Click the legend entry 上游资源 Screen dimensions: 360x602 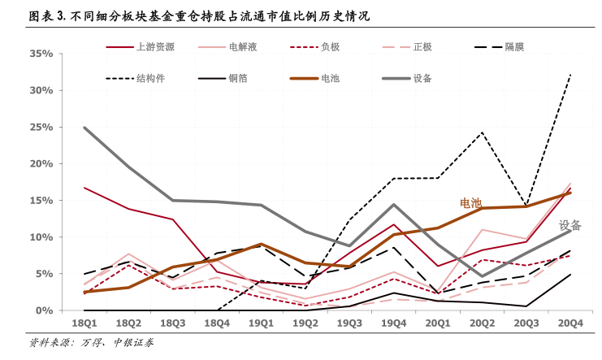[x=155, y=47]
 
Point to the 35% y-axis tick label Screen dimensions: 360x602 [x=41, y=54]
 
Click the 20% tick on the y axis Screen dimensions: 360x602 [x=41, y=163]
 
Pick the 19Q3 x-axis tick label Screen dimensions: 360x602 [x=349, y=323]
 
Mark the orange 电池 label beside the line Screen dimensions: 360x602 [x=471, y=202]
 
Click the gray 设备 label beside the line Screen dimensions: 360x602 [x=570, y=225]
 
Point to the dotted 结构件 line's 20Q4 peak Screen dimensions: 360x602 [x=570, y=74]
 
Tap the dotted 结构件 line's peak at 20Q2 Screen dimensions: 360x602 [x=482, y=132]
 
